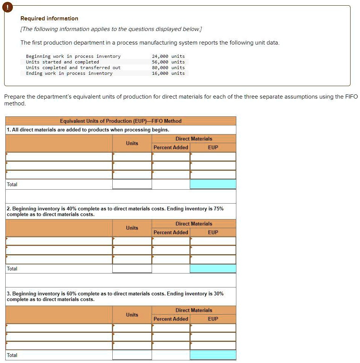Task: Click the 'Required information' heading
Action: coord(49,19)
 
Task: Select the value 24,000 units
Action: coord(168,56)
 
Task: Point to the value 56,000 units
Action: coord(168,62)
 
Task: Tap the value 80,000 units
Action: coord(168,68)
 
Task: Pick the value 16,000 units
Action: coord(168,73)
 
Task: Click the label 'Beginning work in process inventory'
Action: coord(73,56)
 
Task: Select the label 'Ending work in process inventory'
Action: coord(69,73)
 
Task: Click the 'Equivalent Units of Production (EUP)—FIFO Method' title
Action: coord(121,121)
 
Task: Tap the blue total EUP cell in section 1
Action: coord(213,184)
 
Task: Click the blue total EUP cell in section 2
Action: coord(213,269)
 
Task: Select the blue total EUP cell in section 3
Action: coord(213,355)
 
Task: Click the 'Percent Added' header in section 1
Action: coord(171,147)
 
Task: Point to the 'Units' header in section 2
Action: coord(132,228)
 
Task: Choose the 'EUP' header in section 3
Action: coord(213,319)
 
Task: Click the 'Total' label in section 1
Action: coord(12,184)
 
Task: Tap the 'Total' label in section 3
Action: coord(12,355)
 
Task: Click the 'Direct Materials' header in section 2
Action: coord(194,224)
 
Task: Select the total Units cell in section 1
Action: coord(132,184)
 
